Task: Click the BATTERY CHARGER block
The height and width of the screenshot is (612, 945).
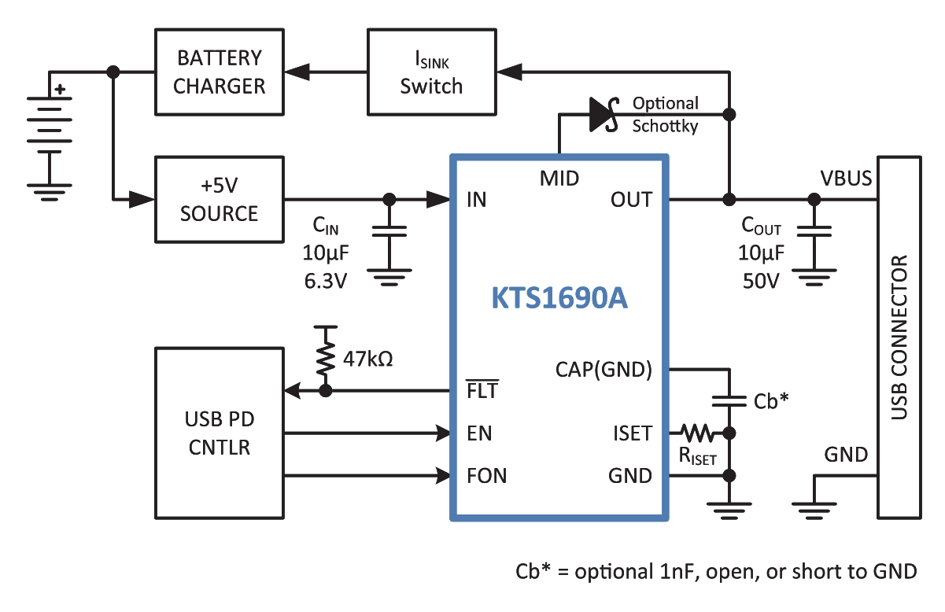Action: (x=220, y=72)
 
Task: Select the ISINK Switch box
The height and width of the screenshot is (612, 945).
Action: (x=431, y=72)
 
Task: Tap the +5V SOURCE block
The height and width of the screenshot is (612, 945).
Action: (x=220, y=200)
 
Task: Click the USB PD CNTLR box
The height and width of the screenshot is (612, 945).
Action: (x=220, y=433)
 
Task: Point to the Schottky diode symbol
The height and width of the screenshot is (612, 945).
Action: (x=604, y=114)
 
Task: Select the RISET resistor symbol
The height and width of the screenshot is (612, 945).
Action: (x=697, y=433)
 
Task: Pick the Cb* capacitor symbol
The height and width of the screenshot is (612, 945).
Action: (x=729, y=401)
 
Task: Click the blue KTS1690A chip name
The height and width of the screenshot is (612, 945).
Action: (x=559, y=298)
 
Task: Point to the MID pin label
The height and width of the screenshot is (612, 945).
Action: (x=559, y=179)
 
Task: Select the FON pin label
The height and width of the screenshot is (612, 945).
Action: (x=487, y=476)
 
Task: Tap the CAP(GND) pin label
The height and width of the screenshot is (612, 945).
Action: (x=604, y=370)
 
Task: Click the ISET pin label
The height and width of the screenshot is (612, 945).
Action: (x=633, y=433)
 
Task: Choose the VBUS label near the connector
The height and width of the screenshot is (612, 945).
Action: (x=846, y=179)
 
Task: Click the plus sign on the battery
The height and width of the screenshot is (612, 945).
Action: (x=61, y=89)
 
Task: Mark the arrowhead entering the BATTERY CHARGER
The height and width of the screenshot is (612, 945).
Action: (x=297, y=72)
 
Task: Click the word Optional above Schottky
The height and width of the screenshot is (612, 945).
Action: (x=666, y=104)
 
